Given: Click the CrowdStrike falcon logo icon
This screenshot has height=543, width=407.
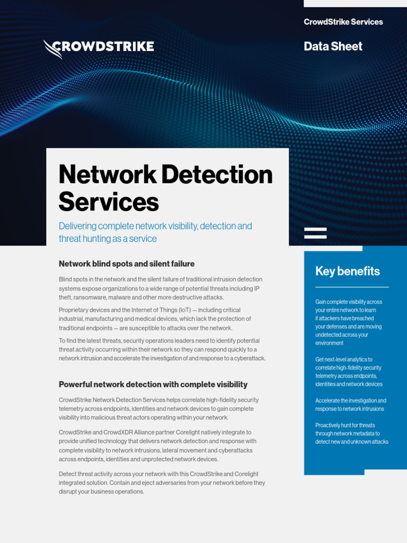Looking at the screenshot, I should pos(52,48).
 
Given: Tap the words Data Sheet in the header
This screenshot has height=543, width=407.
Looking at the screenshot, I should pos(333,46).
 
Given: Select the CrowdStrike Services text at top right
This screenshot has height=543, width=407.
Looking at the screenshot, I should pos(343,22).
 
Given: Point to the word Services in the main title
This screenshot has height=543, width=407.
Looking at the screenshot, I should pos(109,202).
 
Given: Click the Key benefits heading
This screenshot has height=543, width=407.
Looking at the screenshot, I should pos(347,271).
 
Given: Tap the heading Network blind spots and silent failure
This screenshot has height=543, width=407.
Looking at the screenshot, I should pos(127,264).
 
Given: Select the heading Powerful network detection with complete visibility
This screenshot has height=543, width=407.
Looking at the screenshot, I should pos(153,384).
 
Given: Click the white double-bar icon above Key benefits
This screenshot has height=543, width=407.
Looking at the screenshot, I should pos(315,233).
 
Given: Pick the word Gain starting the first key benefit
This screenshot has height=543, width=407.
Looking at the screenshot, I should pos(321,302).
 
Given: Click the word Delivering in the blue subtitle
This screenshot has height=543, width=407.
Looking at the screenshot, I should pos(78,226).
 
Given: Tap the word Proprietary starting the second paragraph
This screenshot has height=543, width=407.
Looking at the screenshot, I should pos(73,310).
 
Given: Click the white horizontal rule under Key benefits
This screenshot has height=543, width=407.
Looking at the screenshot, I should pos(352,287).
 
